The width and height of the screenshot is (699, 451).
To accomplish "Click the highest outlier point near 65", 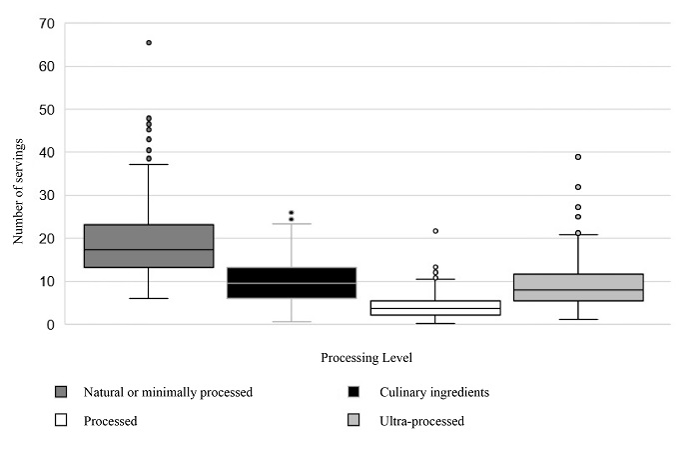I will pyautogui.click(x=149, y=43).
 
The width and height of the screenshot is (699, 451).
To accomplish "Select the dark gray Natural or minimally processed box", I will pyautogui.click(x=149, y=246).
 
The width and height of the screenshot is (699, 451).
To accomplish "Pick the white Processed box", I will pyautogui.click(x=434, y=308).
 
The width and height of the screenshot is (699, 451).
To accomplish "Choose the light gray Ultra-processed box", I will pyautogui.click(x=578, y=287).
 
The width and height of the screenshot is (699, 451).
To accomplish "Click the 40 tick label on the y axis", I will pyautogui.click(x=44, y=152).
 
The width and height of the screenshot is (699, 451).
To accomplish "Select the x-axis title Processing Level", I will pyautogui.click(x=365, y=357).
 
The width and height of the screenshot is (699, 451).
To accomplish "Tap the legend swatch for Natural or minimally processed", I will pyautogui.click(x=60, y=392).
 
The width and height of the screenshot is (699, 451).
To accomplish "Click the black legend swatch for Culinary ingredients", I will pyautogui.click(x=352, y=392).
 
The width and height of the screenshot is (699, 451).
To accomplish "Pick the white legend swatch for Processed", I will pyautogui.click(x=60, y=421).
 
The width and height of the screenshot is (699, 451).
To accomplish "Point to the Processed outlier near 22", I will pyautogui.click(x=434, y=231).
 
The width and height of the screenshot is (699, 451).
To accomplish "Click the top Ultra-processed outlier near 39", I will pyautogui.click(x=578, y=157).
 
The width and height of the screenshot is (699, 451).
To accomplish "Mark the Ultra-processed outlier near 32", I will pyautogui.click(x=578, y=187).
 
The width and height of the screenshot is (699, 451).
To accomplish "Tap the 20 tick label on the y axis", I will pyautogui.click(x=44, y=238).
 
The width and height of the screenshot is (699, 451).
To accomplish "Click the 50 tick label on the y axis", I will pyautogui.click(x=44, y=109).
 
